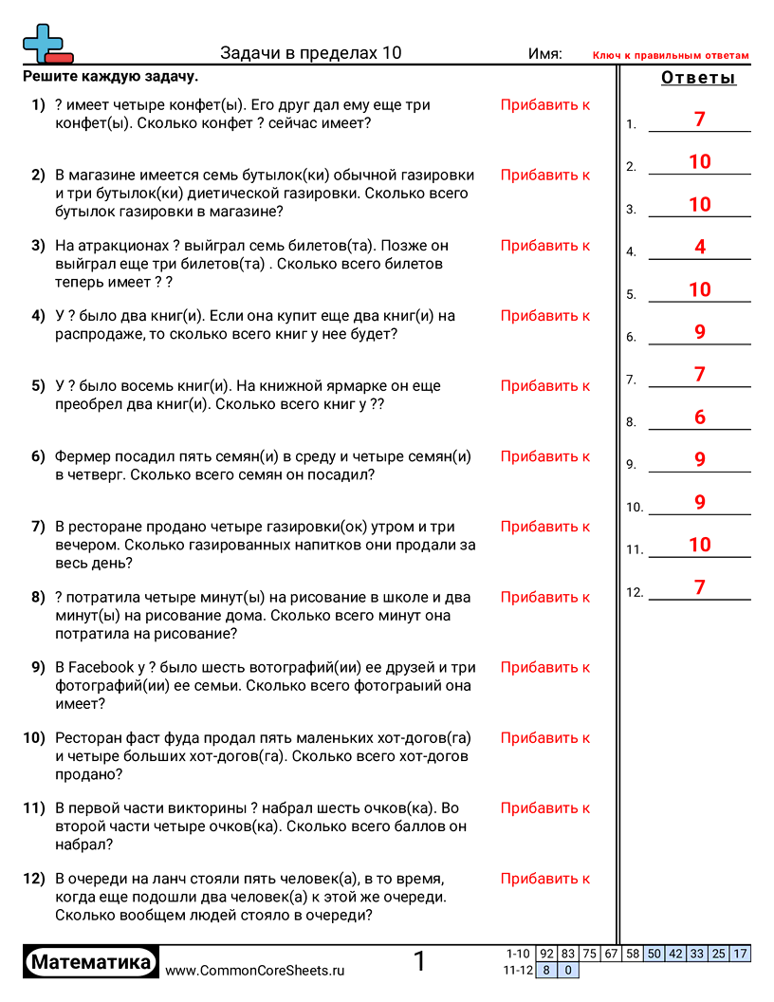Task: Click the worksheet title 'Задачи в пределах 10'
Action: point(310,54)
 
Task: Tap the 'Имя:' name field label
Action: point(544,54)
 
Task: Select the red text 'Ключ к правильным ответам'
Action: point(671,56)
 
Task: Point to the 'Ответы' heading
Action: point(698,78)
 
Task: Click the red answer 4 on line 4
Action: point(700,248)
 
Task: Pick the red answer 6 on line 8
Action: point(700,417)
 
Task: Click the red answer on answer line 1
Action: point(700,120)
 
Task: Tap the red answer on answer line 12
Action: point(700,587)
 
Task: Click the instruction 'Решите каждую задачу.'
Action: point(110,77)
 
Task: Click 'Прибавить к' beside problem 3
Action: point(545,246)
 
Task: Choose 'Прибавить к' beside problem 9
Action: point(545,668)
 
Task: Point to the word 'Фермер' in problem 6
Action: point(83,456)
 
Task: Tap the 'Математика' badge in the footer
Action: point(91,962)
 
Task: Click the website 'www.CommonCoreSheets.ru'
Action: point(254,971)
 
